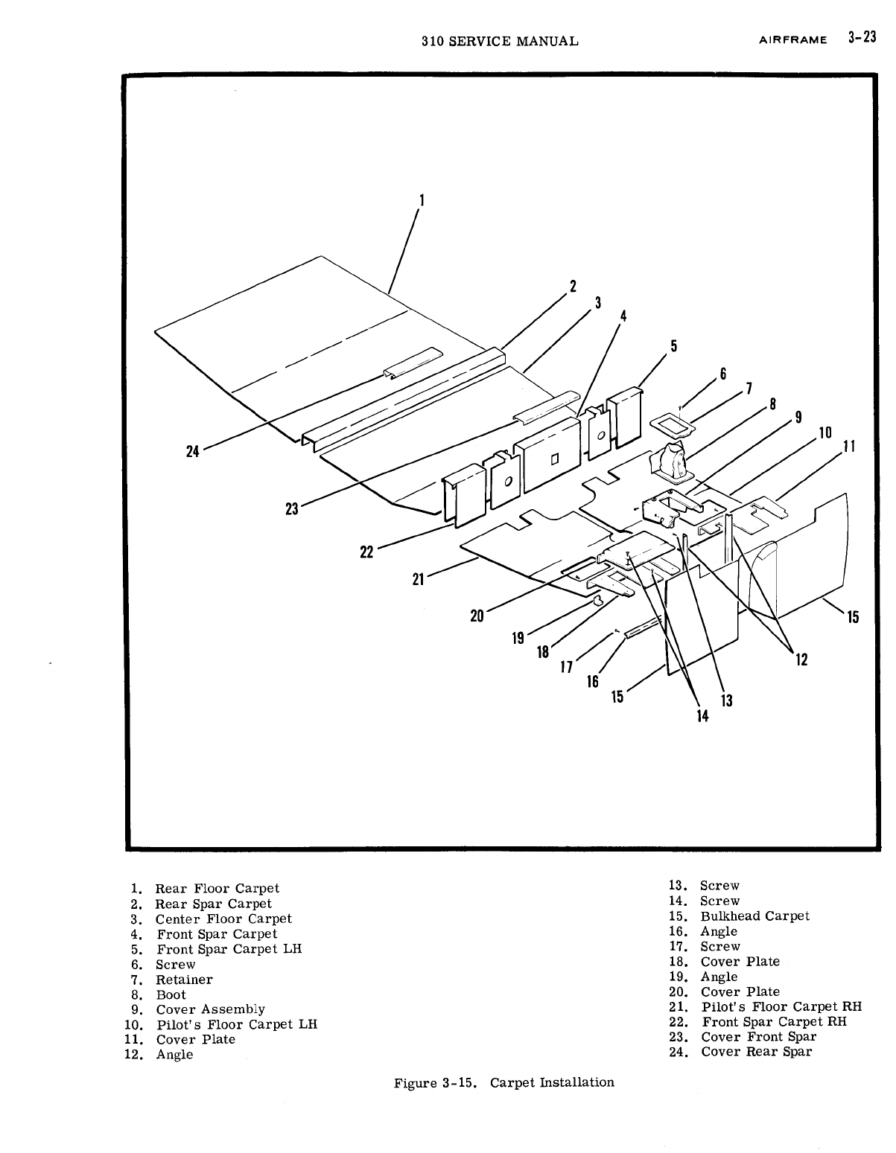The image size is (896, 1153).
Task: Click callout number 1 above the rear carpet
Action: pyautogui.click(x=422, y=199)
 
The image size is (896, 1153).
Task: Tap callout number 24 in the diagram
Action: pyautogui.click(x=193, y=451)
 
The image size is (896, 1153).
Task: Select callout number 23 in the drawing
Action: pyautogui.click(x=291, y=509)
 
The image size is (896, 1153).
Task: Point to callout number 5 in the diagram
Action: pyautogui.click(x=673, y=345)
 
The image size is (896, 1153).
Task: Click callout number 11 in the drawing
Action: pyautogui.click(x=847, y=447)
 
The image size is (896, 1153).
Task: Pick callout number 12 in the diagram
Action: pyautogui.click(x=801, y=659)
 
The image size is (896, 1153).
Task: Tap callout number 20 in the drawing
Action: pyautogui.click(x=477, y=616)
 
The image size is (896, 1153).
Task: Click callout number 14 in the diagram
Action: pyautogui.click(x=702, y=716)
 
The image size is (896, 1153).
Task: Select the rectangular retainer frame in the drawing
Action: pyautogui.click(x=672, y=425)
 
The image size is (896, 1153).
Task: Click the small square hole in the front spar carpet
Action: pyautogui.click(x=553, y=459)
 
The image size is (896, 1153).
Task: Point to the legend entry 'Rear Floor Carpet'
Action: pyautogui.click(x=217, y=888)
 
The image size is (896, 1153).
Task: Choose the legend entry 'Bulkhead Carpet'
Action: pyautogui.click(x=754, y=916)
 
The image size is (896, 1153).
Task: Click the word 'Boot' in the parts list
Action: pyautogui.click(x=171, y=994)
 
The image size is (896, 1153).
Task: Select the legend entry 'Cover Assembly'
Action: pyautogui.click(x=210, y=1009)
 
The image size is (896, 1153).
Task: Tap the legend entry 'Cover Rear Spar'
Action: pyautogui.click(x=756, y=1052)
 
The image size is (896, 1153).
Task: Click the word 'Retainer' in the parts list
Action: pyautogui.click(x=184, y=980)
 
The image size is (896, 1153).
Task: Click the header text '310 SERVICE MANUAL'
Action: pyautogui.click(x=499, y=41)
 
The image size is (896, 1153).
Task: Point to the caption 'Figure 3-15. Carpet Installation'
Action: pyautogui.click(x=504, y=1082)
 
